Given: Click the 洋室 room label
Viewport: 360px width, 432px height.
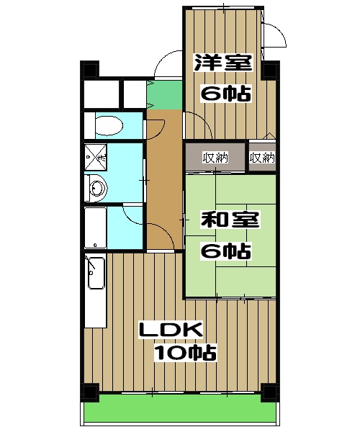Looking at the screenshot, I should click(x=222, y=63).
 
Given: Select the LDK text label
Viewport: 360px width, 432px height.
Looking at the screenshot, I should click(x=171, y=330).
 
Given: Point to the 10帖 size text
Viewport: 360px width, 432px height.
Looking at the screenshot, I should click(x=185, y=353).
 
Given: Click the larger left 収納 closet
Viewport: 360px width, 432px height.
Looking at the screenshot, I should click(x=215, y=158).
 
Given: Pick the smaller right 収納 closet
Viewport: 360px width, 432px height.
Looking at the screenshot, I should click(x=262, y=158).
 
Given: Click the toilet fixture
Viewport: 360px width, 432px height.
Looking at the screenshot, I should click(x=108, y=125).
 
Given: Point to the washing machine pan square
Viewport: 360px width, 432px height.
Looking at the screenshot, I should click(x=96, y=155).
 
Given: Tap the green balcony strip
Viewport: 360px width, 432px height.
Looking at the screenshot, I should click(x=180, y=410).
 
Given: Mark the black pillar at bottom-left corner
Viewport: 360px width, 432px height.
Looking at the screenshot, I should click(x=89, y=393).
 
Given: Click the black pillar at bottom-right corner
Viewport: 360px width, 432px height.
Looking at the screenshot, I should click(x=270, y=393).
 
